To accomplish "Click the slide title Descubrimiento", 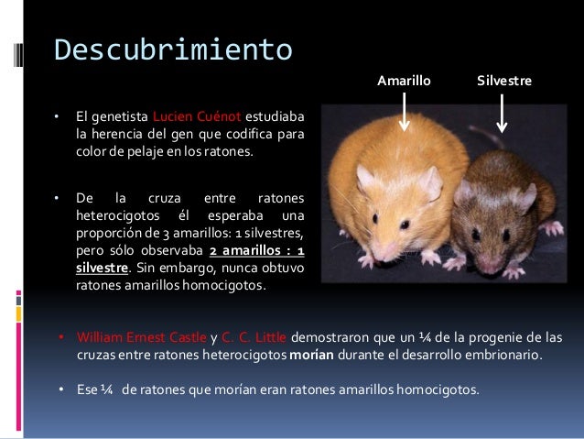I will tap(172, 48).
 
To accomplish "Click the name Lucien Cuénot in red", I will tap(197, 117).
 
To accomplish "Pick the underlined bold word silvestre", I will tap(101, 269).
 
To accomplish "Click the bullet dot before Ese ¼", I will tap(60, 390).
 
